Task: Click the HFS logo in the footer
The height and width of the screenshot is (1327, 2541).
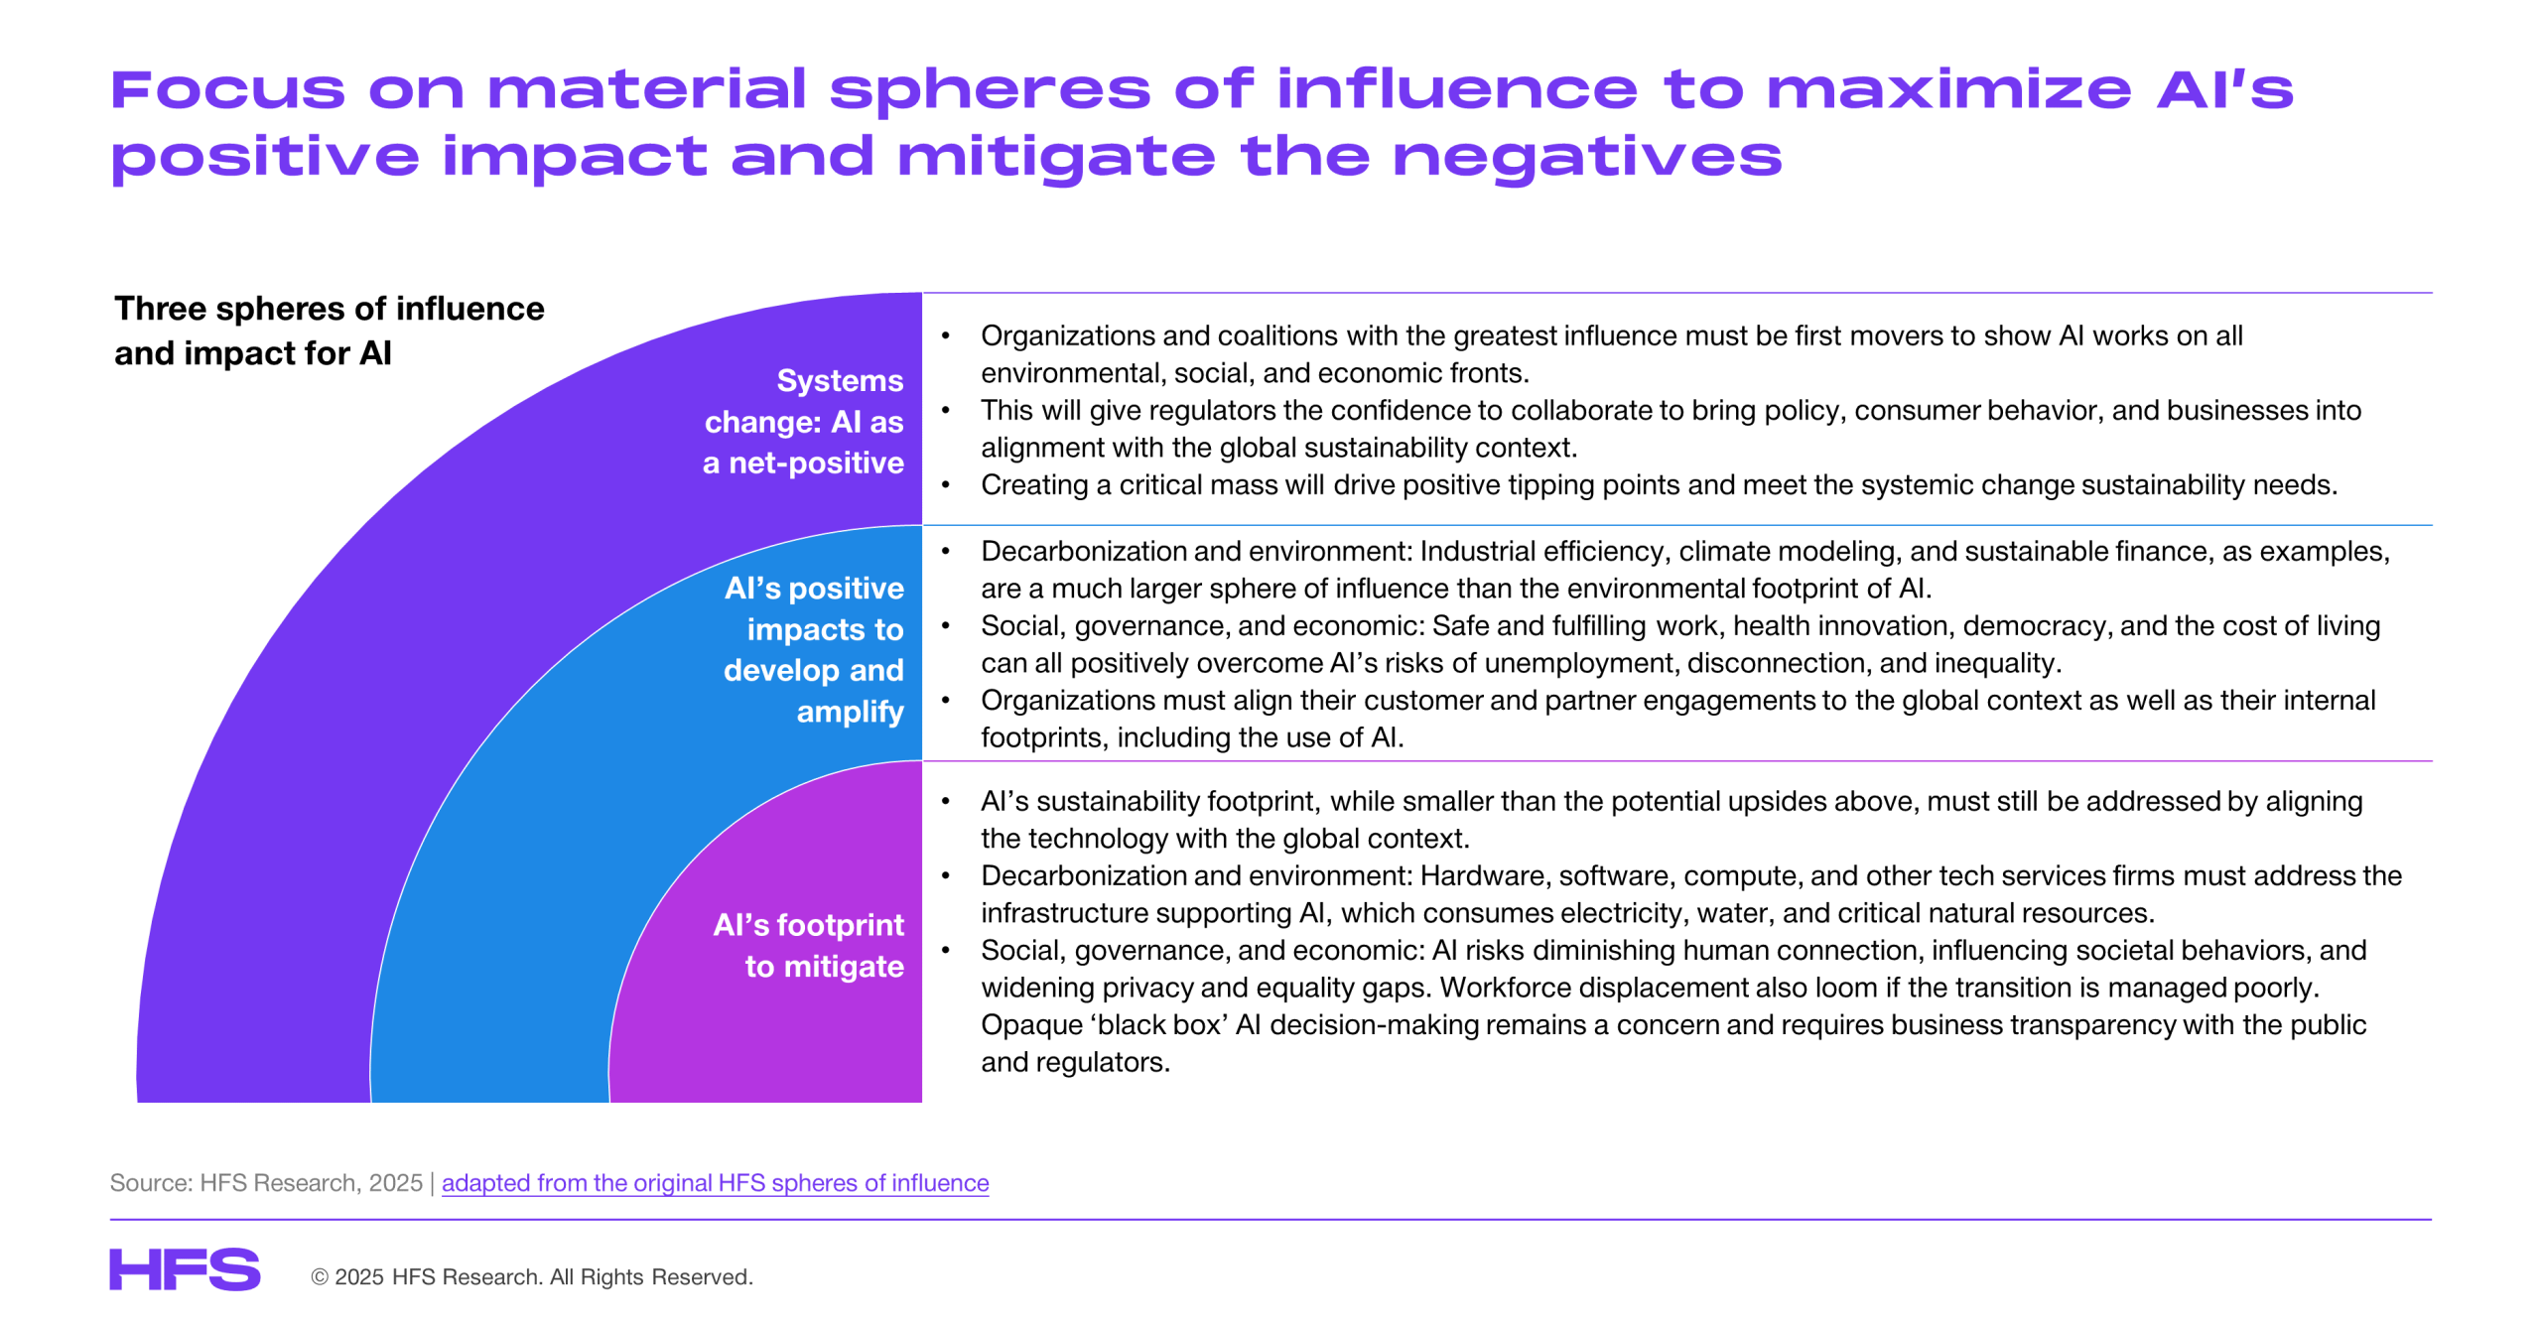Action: click(x=185, y=1269)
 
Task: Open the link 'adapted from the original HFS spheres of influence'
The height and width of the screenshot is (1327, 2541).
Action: click(x=715, y=1183)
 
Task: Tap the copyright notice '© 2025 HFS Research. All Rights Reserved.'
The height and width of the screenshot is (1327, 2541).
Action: click(x=532, y=1276)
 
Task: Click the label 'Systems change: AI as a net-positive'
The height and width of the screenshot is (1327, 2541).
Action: click(x=803, y=422)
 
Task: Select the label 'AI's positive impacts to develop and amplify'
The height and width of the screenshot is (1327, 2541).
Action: click(x=814, y=649)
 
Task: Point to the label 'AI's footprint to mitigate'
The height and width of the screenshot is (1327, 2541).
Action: click(x=808, y=945)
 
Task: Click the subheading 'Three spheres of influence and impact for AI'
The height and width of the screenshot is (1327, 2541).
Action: click(x=329, y=331)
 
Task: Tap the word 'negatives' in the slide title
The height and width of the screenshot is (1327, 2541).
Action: click(x=1587, y=157)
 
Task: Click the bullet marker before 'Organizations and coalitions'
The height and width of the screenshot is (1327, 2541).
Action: click(x=946, y=336)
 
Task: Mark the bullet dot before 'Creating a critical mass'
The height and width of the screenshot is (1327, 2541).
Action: click(x=946, y=485)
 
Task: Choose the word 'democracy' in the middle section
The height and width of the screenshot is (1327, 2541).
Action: click(x=2037, y=626)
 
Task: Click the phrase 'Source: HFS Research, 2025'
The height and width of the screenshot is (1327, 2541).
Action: click(x=266, y=1183)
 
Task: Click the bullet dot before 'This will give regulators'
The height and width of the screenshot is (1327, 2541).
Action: click(x=946, y=411)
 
